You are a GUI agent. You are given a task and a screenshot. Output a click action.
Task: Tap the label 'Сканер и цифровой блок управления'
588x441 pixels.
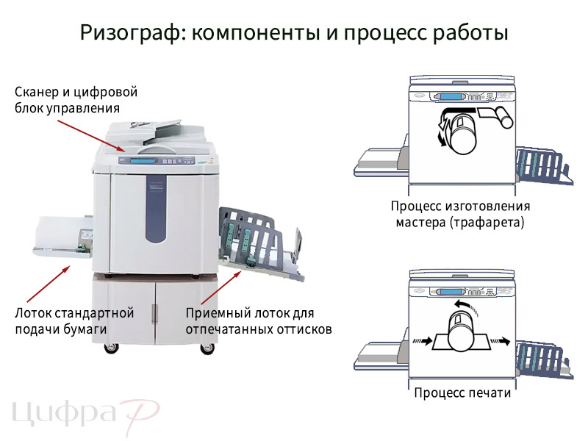click(76, 100)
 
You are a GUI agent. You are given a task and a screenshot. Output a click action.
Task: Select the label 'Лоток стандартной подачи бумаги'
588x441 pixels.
click(74, 320)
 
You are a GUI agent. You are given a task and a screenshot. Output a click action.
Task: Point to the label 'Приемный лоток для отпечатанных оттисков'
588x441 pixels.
click(258, 320)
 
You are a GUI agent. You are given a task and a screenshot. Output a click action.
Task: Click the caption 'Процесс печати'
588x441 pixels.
click(462, 392)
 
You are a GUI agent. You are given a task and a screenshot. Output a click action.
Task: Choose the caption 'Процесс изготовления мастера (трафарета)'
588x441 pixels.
click(460, 214)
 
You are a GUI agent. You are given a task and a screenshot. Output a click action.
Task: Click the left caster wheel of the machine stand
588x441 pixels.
click(112, 348)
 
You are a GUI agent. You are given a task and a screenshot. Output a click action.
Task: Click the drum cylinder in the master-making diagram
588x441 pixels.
click(461, 132)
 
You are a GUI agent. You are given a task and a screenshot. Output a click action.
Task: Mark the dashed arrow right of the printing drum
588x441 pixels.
click(501, 340)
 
